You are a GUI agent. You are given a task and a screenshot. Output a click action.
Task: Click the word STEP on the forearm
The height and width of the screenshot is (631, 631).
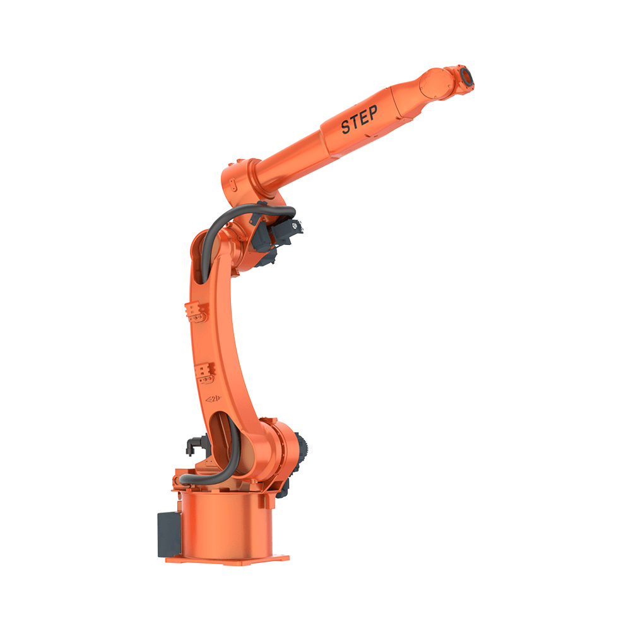[360, 119]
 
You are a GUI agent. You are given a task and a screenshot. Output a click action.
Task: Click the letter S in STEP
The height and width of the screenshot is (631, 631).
[346, 126]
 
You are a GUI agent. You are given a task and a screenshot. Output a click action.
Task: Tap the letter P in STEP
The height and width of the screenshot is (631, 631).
[373, 112]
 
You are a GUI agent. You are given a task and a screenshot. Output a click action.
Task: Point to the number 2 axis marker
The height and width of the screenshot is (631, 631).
[214, 399]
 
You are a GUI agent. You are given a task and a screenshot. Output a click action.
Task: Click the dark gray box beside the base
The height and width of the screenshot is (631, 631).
[169, 534]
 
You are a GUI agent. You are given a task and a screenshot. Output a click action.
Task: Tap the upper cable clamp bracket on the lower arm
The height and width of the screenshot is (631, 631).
[197, 312]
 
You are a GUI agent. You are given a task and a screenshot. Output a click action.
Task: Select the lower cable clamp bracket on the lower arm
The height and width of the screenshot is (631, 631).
[205, 374]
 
